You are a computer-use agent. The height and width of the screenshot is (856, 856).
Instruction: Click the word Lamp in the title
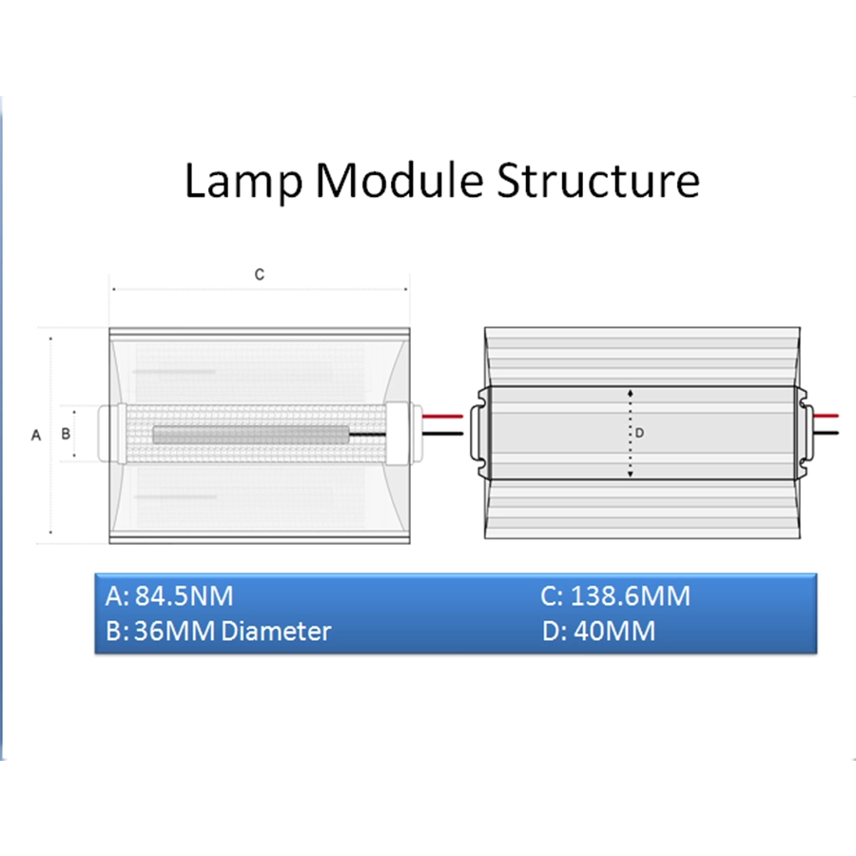point(243,182)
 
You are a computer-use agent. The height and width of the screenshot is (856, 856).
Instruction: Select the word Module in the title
point(399,180)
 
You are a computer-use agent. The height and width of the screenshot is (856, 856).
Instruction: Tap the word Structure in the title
point(598,180)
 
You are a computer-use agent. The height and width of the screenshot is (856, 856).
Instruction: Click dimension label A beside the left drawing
point(36,435)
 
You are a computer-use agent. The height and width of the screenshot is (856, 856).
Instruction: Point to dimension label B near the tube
point(66,434)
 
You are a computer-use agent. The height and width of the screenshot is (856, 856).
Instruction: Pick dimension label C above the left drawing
point(260,275)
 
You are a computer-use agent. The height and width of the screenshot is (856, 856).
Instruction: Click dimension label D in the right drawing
point(639,433)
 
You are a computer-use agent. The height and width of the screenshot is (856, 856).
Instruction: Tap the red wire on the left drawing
point(442,417)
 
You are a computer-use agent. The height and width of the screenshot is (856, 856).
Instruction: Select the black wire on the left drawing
point(442,434)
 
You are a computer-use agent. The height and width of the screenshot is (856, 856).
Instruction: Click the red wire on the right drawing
point(826,416)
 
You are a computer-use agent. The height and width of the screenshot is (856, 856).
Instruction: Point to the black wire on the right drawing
point(826,433)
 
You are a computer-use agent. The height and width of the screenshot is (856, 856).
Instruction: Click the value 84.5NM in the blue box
point(184,595)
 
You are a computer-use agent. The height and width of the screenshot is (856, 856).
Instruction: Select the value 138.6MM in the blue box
point(631,595)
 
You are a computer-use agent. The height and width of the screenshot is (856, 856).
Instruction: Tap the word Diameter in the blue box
point(276,632)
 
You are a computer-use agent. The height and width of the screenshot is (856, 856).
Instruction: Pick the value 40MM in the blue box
point(614,632)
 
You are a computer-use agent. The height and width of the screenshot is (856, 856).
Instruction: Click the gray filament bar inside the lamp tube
point(251,435)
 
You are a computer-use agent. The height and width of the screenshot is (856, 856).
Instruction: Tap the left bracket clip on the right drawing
point(479,433)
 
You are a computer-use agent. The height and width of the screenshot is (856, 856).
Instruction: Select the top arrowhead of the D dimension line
point(631,393)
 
